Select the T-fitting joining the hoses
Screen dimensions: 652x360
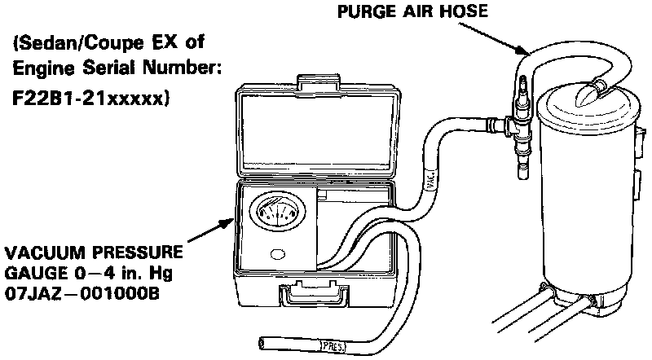click(x=514, y=127)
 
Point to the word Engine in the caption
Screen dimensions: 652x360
click(x=37, y=69)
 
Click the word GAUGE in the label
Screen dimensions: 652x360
click(x=31, y=272)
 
